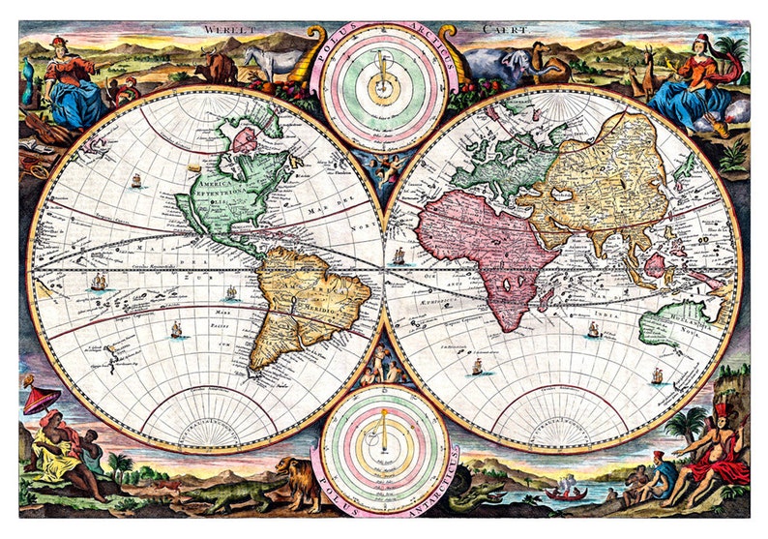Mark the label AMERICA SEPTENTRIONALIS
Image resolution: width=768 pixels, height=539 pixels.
tap(225, 195)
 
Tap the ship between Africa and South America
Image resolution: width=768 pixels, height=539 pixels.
tap(399, 255)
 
